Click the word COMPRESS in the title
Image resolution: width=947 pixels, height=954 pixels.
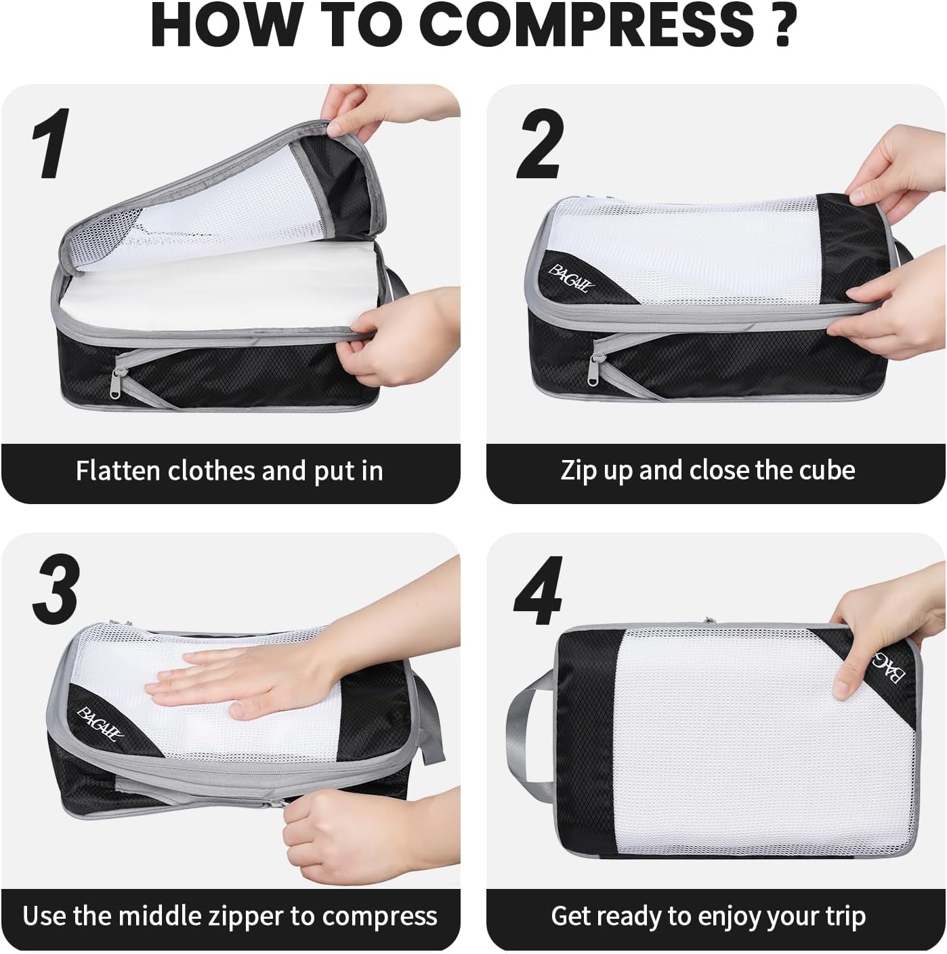(589, 25)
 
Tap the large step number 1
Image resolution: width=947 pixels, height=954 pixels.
(51, 143)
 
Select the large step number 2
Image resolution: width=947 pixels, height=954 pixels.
(540, 143)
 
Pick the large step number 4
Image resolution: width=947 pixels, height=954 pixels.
(539, 590)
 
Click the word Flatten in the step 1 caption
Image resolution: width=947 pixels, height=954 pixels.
(119, 470)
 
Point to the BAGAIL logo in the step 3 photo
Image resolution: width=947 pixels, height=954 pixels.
(100, 724)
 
